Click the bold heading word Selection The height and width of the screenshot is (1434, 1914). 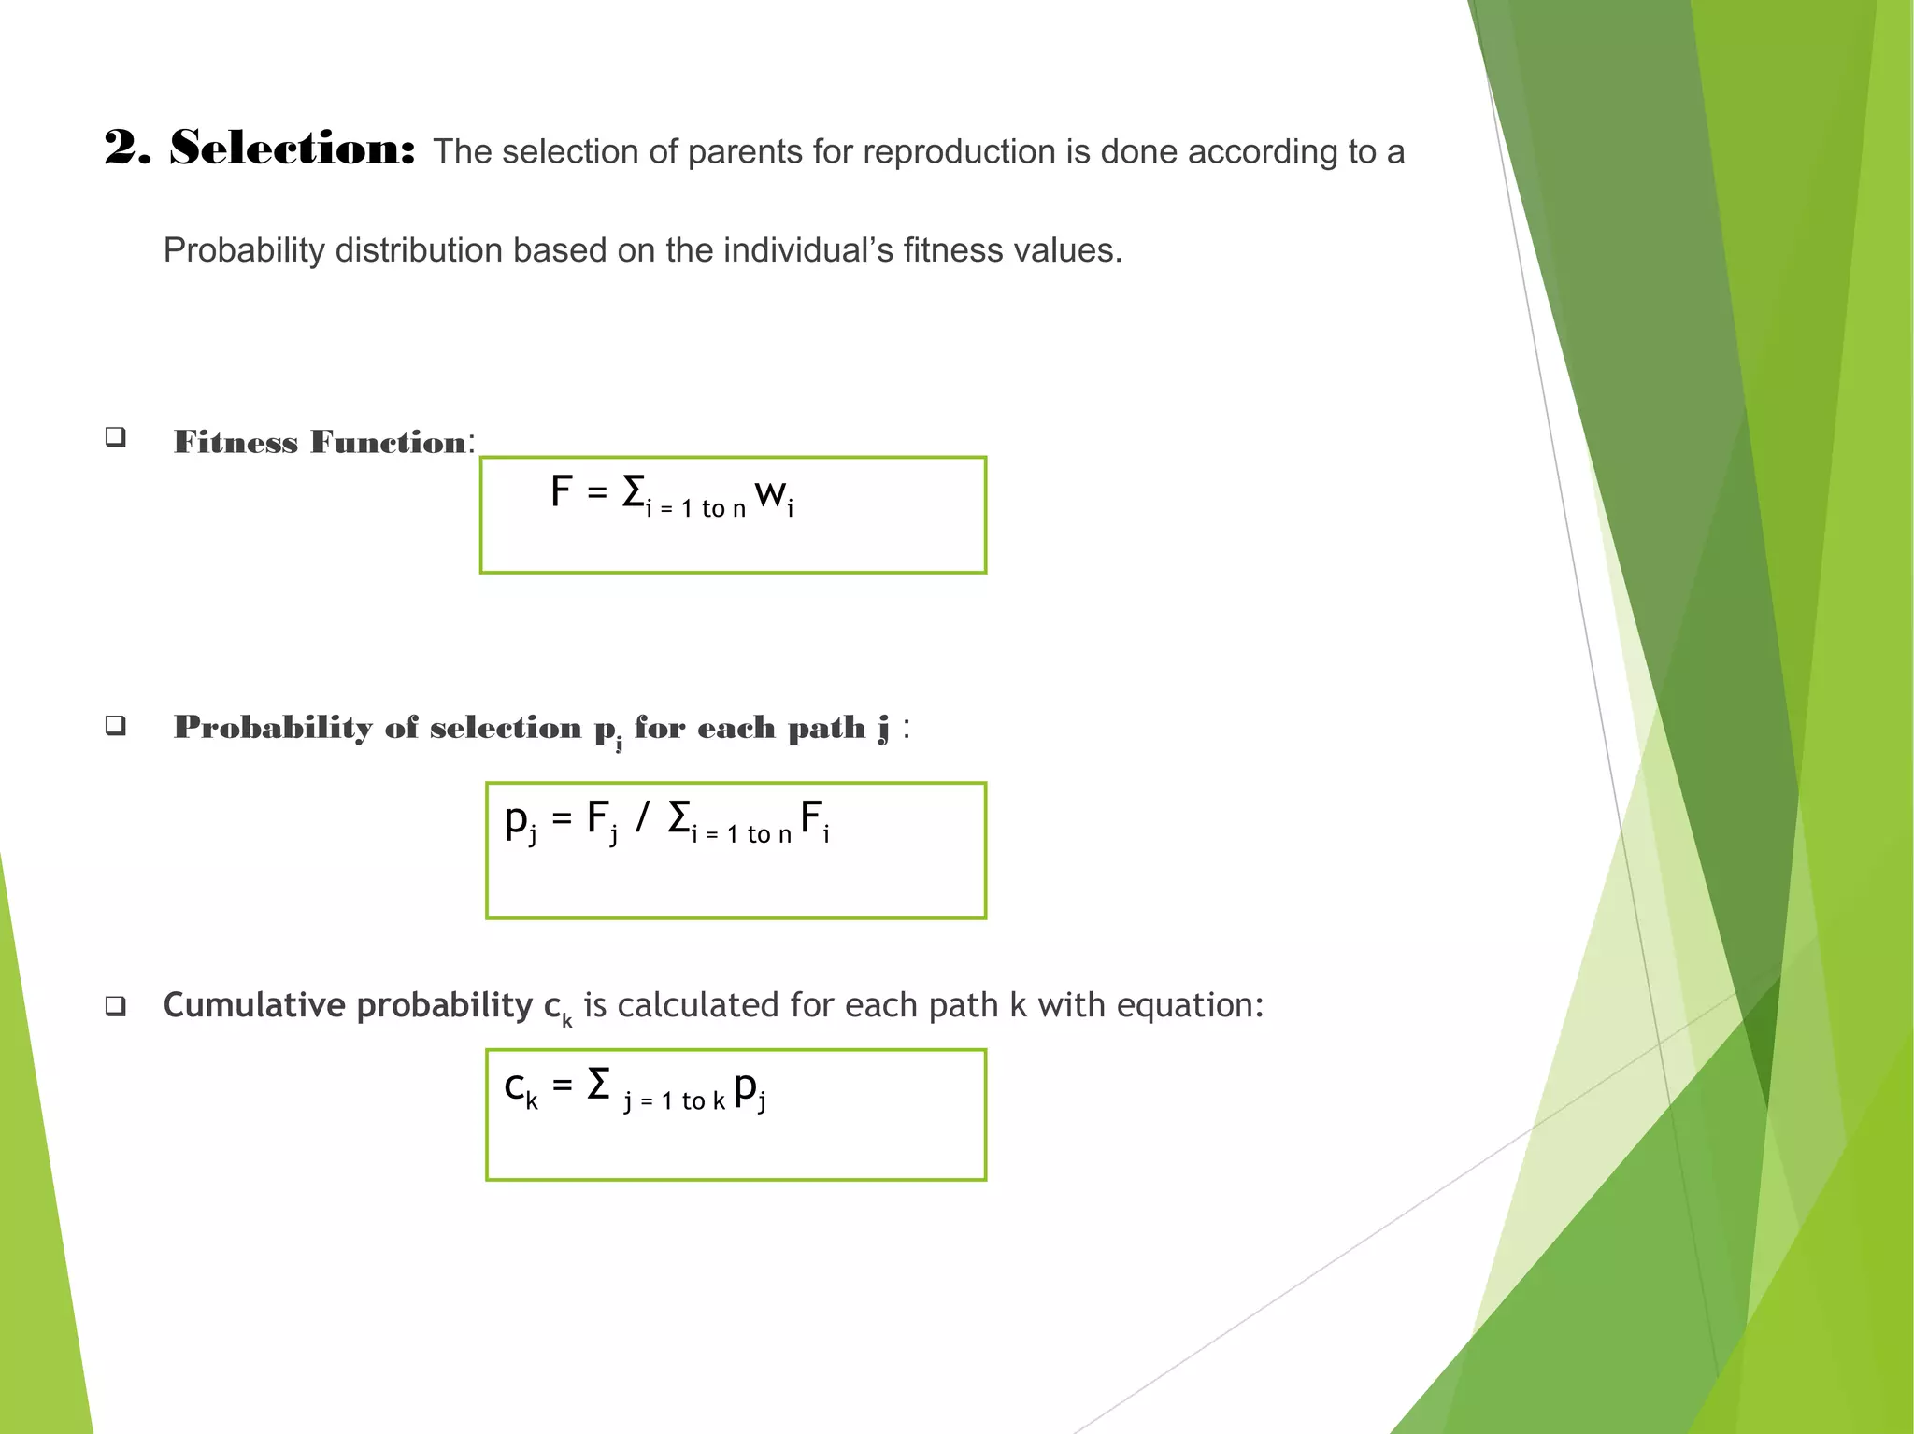point(292,148)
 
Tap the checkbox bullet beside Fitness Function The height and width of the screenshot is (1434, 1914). point(116,436)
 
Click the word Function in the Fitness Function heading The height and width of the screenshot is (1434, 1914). point(388,442)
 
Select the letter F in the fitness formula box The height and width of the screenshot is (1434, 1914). point(561,491)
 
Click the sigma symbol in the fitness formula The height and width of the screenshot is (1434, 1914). point(634,491)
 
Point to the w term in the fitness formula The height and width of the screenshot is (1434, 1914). point(772,493)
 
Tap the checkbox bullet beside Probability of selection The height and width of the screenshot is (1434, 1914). point(116,725)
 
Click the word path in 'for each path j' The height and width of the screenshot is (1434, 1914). point(825,728)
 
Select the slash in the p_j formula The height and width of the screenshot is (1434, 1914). point(642,816)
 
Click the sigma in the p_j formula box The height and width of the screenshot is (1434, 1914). point(679,817)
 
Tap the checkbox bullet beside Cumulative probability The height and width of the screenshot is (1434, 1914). point(116,1006)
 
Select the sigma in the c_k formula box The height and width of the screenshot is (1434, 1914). point(598,1085)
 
